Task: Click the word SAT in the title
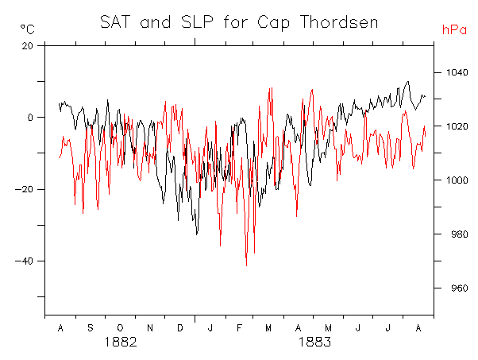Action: [115, 22]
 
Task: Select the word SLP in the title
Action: [197, 22]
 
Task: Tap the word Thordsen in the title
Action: [339, 22]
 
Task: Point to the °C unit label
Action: [28, 29]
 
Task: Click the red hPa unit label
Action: [454, 30]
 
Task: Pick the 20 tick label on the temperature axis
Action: [28, 46]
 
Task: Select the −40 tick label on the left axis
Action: [24, 261]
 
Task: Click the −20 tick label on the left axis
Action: [24, 189]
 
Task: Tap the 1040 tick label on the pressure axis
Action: [457, 72]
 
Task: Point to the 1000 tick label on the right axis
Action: [457, 180]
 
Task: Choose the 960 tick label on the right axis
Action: [460, 288]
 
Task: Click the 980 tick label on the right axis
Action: [460, 234]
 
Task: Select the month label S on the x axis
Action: [91, 328]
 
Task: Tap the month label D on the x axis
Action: [180, 328]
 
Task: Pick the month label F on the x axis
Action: [240, 328]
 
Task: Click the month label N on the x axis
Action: [150, 328]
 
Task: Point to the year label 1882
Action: [121, 342]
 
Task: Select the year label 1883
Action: [314, 342]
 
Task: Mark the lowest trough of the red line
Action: [246, 265]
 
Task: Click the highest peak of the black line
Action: [408, 82]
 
